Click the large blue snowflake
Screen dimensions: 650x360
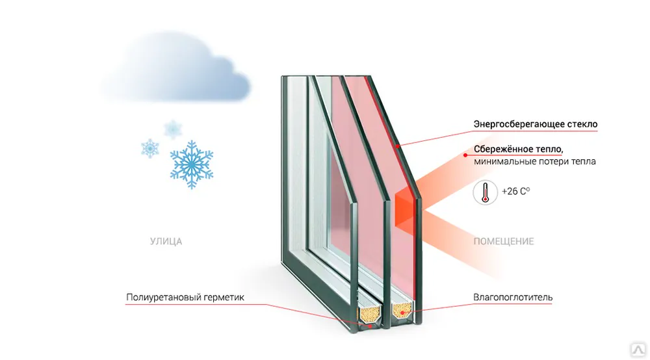click(192, 164)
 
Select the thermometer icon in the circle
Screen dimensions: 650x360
click(485, 192)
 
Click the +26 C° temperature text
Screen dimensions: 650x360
click(515, 192)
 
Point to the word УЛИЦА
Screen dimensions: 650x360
click(166, 241)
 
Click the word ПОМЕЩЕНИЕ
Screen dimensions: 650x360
click(504, 241)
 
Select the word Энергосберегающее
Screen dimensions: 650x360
click(519, 124)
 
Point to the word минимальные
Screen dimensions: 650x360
click(499, 161)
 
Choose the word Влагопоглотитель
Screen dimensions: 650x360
click(513, 297)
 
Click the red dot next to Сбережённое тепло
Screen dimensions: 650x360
click(465, 155)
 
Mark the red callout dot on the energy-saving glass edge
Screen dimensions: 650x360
click(397, 146)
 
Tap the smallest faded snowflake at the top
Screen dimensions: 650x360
click(172, 129)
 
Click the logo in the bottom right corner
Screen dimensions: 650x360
click(639, 349)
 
